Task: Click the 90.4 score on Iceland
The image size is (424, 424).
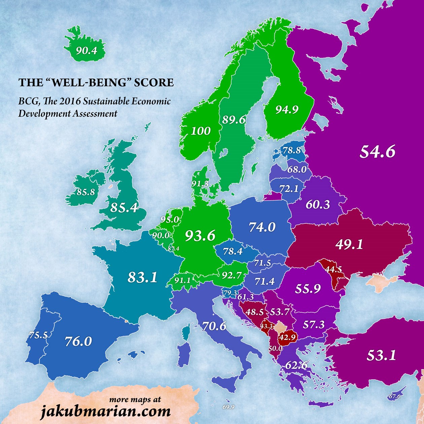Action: [86, 51]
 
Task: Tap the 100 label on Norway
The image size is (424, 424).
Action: [201, 131]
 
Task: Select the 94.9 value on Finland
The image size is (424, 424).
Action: [287, 109]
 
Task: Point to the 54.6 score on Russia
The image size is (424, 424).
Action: [377, 151]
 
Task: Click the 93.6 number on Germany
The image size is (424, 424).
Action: [200, 236]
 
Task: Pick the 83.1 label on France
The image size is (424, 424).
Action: [142, 277]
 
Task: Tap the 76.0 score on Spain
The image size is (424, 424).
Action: [78, 341]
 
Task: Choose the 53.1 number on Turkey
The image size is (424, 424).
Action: [381, 355]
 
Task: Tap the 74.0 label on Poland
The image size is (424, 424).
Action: [262, 227]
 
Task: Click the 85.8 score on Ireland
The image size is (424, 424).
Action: [86, 192]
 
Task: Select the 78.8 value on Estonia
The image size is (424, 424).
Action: [291, 150]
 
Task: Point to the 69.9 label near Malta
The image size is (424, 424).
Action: [228, 407]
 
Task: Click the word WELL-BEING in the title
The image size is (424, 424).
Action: [96, 82]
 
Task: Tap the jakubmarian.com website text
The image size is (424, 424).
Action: [105, 411]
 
